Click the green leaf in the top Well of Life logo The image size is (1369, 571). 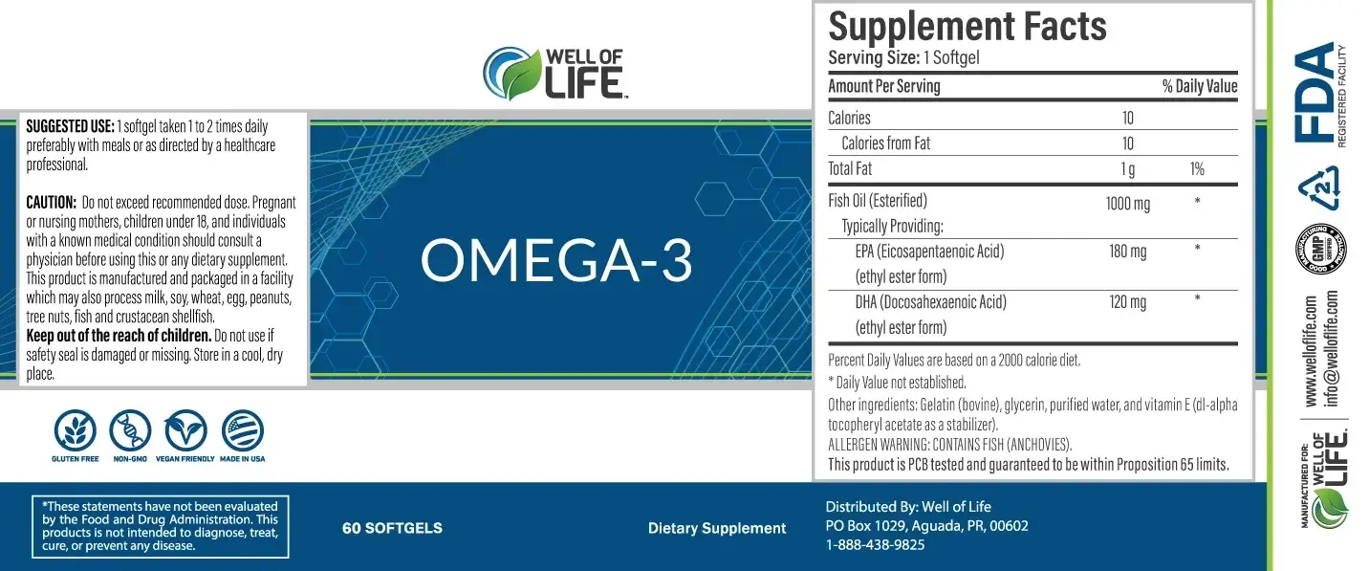pyautogui.click(x=521, y=75)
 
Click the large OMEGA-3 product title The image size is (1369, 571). pyautogui.click(x=556, y=261)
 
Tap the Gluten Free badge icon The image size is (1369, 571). pyautogui.click(x=76, y=430)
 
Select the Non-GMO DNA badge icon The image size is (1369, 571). pyautogui.click(x=130, y=430)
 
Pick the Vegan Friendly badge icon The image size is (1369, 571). pyautogui.click(x=185, y=430)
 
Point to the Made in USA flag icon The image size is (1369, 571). pyautogui.click(x=243, y=430)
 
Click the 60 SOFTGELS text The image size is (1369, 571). pyautogui.click(x=392, y=528)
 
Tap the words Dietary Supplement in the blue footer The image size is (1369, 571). pyautogui.click(x=717, y=529)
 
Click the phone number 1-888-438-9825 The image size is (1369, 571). pyautogui.click(x=875, y=545)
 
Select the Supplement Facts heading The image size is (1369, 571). pyautogui.click(x=967, y=26)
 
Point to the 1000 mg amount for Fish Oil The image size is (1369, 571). pyautogui.click(x=1127, y=204)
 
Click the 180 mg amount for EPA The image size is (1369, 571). pyautogui.click(x=1127, y=252)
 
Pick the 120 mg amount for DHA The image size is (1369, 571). pyautogui.click(x=1127, y=302)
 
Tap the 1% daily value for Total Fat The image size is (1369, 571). pyautogui.click(x=1197, y=168)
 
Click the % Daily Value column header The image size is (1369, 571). pyautogui.click(x=1200, y=86)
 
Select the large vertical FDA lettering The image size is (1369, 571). pyautogui.click(x=1314, y=93)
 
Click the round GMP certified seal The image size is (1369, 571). pyautogui.click(x=1321, y=249)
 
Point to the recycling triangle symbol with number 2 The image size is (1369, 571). pyautogui.click(x=1319, y=187)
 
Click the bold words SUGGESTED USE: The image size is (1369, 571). pyautogui.click(x=71, y=126)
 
